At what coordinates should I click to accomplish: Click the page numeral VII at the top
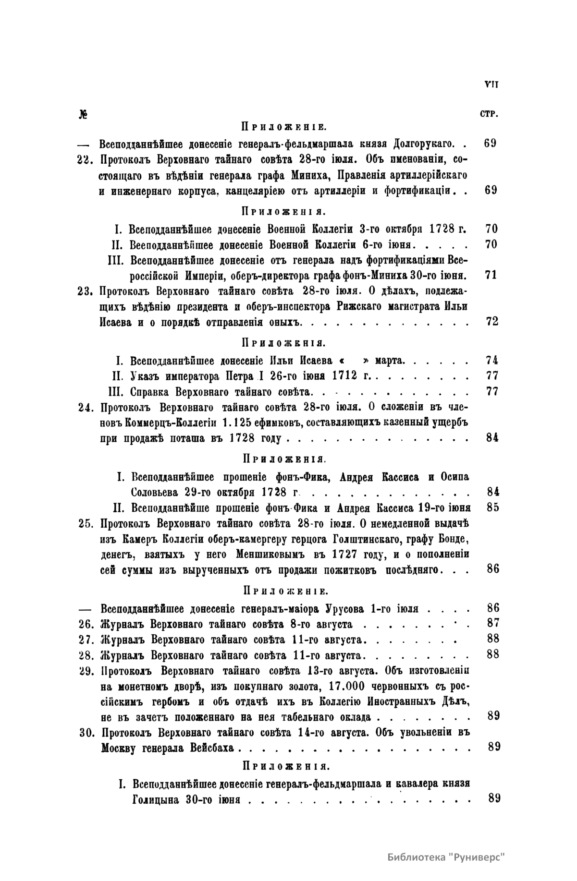point(491,84)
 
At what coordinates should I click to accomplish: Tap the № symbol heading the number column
point(82,115)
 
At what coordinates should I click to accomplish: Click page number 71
point(491,275)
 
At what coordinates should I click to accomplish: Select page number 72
point(492,321)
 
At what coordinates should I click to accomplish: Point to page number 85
point(492,507)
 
